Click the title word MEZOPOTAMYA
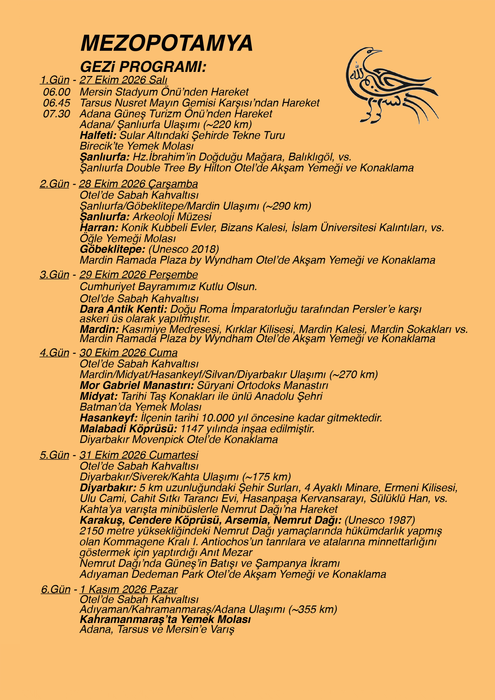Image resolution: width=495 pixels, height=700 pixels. (x=166, y=43)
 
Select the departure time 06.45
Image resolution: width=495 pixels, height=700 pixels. (x=56, y=103)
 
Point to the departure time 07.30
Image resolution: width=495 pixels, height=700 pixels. (x=56, y=114)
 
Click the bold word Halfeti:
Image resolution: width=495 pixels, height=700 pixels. (x=98, y=135)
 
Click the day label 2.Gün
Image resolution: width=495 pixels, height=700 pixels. (x=55, y=184)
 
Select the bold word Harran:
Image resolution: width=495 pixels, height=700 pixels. (x=99, y=228)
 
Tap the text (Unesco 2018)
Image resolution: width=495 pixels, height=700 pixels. (x=184, y=249)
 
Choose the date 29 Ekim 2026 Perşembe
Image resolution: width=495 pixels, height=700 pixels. (x=138, y=275)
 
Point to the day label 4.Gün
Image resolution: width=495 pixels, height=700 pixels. (x=55, y=353)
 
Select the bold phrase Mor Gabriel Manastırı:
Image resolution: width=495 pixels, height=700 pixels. (x=137, y=385)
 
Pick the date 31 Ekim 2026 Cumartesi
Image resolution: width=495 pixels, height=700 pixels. (x=138, y=455)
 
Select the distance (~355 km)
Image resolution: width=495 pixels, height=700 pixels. (x=313, y=609)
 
